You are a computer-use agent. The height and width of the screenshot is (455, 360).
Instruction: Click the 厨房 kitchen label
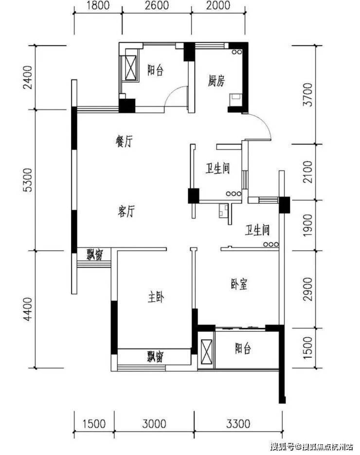point(216,81)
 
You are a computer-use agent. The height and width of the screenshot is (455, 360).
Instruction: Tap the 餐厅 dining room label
point(124,142)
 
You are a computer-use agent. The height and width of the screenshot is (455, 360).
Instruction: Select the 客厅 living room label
point(126,211)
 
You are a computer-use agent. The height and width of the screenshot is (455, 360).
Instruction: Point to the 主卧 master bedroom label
point(156,297)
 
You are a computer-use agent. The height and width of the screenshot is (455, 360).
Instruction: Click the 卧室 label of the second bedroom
point(239,284)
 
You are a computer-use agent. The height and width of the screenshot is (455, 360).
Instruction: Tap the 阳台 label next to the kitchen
point(155,70)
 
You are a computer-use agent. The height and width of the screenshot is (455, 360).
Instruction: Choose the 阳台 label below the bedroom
point(243,348)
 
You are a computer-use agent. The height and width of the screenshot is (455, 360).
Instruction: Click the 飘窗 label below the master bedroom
point(155,357)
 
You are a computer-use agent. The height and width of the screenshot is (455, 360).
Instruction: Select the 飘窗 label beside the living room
point(94,255)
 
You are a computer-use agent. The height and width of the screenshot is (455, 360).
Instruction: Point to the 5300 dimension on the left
point(28,180)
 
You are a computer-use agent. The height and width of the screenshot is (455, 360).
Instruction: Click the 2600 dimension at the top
point(157,5)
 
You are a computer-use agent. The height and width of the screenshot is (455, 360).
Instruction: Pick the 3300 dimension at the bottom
point(238,424)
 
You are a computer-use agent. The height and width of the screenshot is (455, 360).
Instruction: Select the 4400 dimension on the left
point(28,309)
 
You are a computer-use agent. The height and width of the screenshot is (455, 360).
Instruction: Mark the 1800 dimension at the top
point(98,5)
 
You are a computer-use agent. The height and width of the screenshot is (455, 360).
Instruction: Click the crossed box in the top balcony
point(131,67)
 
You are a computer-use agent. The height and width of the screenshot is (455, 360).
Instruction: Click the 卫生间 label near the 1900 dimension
point(257,230)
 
